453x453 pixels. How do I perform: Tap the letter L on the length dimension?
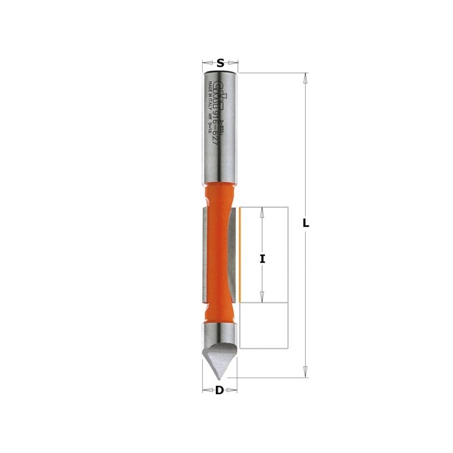click(x=306, y=223)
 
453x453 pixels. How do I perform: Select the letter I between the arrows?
click(x=262, y=259)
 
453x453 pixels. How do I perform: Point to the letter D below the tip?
click(x=219, y=390)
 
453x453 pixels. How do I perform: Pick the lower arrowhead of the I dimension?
click(x=262, y=297)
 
